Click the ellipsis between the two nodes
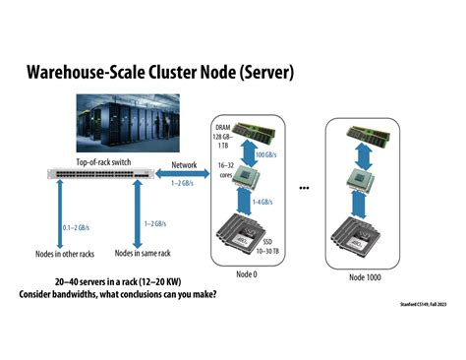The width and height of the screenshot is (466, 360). pyautogui.click(x=305, y=187)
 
